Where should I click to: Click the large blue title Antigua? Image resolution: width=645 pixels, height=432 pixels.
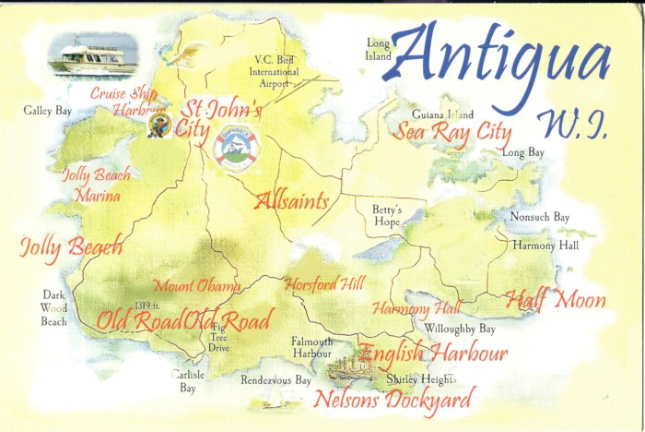coord(502,60)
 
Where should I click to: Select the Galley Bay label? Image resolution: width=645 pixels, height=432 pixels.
coord(48,111)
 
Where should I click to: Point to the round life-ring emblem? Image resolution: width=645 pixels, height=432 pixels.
coord(238,146)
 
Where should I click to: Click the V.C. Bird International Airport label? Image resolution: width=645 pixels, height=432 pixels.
coord(276,72)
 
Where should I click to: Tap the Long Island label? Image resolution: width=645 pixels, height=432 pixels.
coord(379,50)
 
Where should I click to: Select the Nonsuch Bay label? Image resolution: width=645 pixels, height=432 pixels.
coord(540,218)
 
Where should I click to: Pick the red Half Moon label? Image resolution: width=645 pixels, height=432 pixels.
coord(555,300)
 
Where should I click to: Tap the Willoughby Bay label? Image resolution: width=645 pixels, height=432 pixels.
coord(460,329)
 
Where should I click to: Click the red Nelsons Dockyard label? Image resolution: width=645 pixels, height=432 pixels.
coord(393,400)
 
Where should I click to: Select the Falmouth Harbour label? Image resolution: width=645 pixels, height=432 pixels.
coord(311,347)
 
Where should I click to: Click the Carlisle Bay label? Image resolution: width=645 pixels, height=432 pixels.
coord(188,382)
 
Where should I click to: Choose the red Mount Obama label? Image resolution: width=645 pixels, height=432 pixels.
coord(196,285)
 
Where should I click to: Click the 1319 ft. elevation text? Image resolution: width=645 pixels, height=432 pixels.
coord(147,306)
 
